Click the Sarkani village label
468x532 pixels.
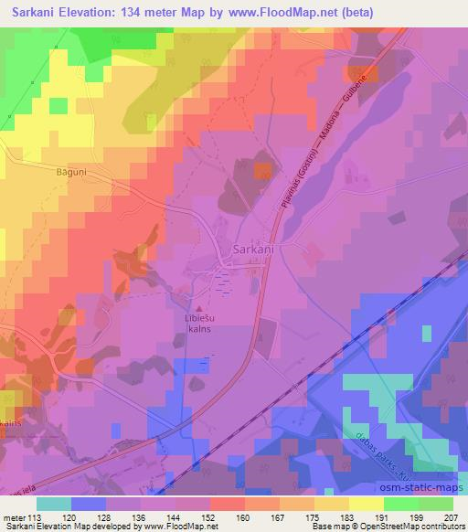click(x=253, y=249)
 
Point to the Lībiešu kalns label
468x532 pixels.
click(x=201, y=326)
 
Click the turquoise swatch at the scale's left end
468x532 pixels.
click(x=54, y=503)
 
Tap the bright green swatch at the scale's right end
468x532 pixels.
click(x=435, y=503)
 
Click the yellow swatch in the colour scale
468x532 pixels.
click(x=366, y=503)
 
